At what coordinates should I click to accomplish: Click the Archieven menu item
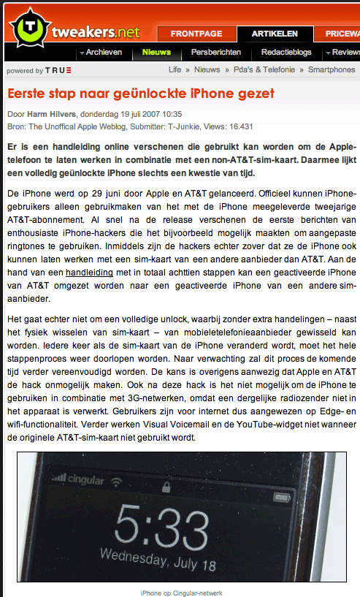point(104,53)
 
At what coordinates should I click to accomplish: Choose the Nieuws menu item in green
point(156,53)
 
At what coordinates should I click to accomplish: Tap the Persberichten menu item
point(216,53)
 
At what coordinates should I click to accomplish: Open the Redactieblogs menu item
point(286,53)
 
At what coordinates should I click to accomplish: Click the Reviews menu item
point(345,53)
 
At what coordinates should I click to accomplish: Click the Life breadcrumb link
point(175,70)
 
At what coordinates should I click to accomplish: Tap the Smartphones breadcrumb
point(332,70)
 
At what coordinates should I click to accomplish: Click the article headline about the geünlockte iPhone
point(140,94)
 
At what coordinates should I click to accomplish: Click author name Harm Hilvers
point(53,114)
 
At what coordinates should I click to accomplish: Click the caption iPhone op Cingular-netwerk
point(181,592)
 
